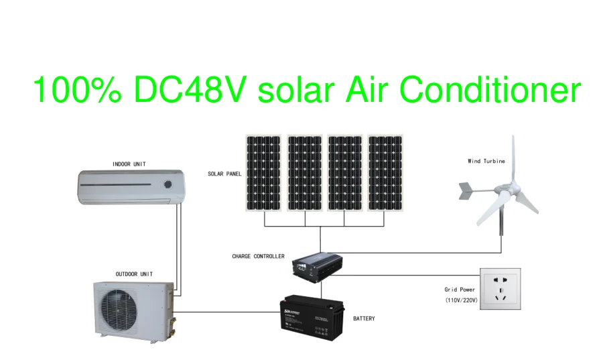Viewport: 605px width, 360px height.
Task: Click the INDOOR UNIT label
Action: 129,164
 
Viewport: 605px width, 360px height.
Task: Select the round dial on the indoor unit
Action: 169,183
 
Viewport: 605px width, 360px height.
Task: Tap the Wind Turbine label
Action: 486,161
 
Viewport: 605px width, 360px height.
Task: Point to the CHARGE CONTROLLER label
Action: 258,256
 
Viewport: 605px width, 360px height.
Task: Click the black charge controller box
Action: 318,262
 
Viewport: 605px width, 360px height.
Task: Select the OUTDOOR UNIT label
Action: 134,274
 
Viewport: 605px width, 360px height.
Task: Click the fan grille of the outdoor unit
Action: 122,311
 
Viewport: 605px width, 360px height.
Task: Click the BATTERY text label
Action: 364,318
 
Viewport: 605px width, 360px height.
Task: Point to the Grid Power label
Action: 459,290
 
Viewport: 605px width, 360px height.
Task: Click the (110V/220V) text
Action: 462,300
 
